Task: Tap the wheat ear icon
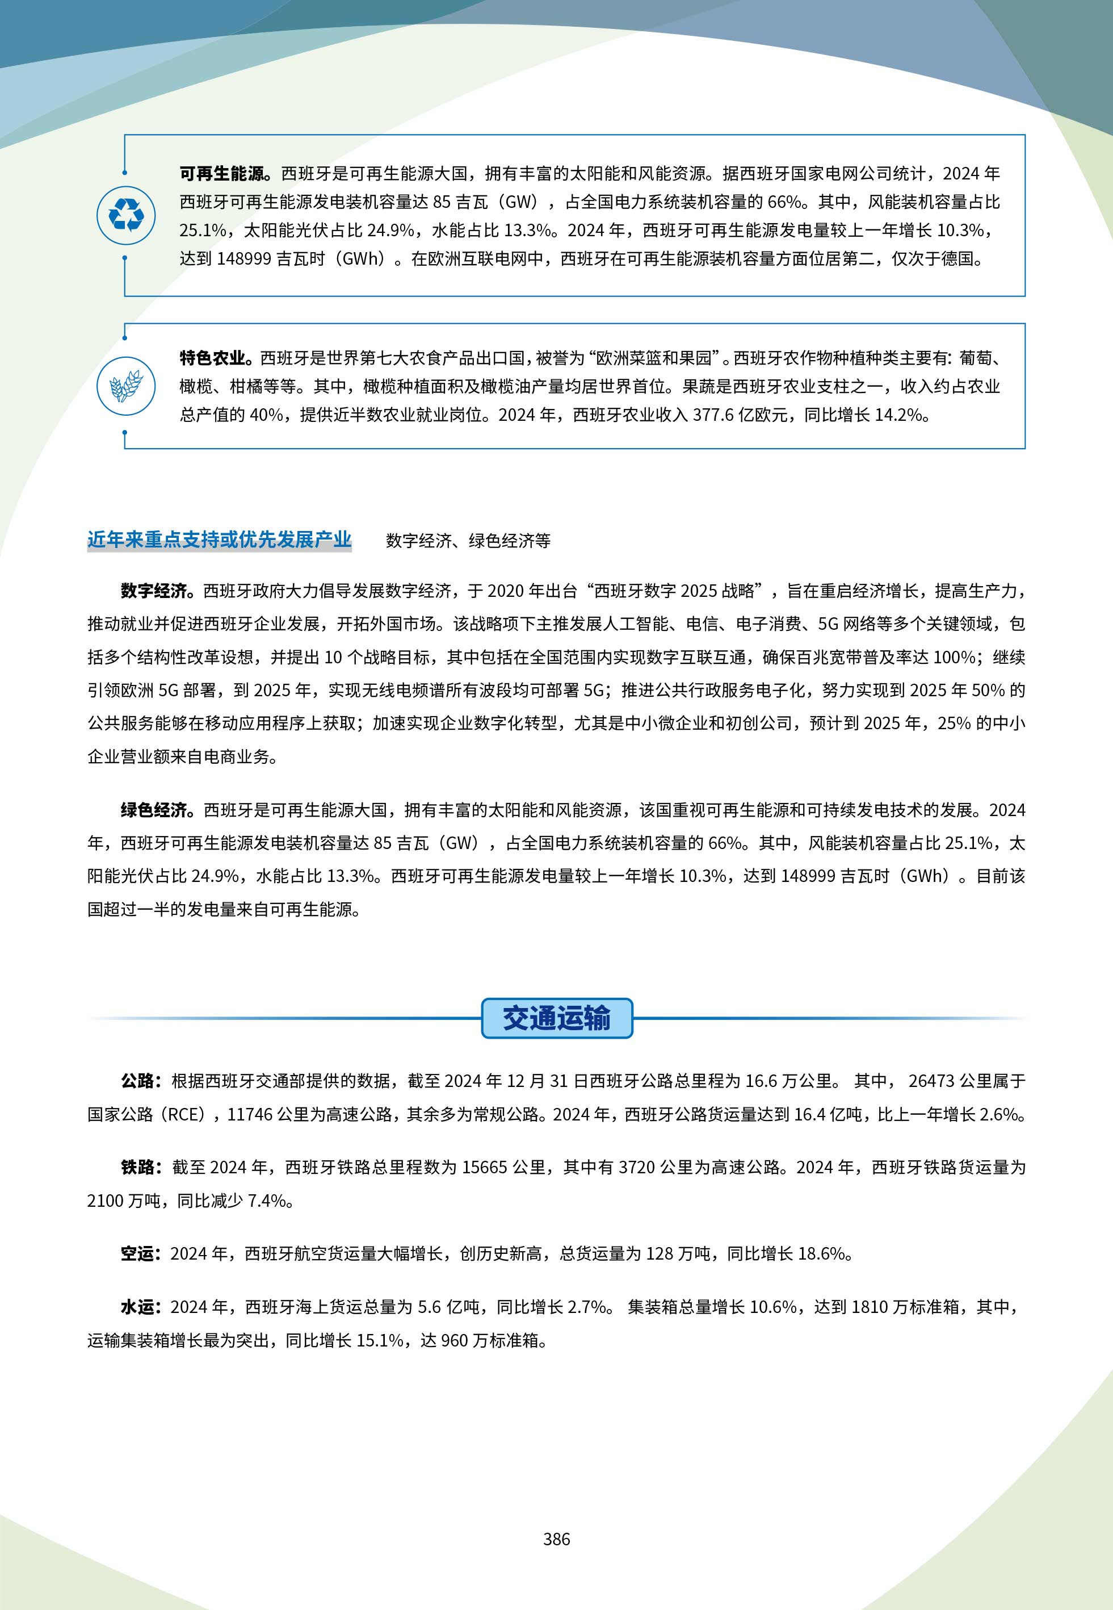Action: click(x=126, y=386)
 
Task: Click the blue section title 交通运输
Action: click(x=556, y=1018)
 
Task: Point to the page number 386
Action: click(x=556, y=1538)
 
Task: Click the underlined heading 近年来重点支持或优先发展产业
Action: click(x=219, y=540)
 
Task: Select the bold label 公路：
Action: click(x=141, y=1081)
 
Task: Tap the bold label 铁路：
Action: click(x=141, y=1167)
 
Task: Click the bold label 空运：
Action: click(x=141, y=1253)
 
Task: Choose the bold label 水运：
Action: click(x=141, y=1307)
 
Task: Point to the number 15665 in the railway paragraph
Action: click(x=485, y=1167)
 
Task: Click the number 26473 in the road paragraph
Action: click(x=931, y=1081)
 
